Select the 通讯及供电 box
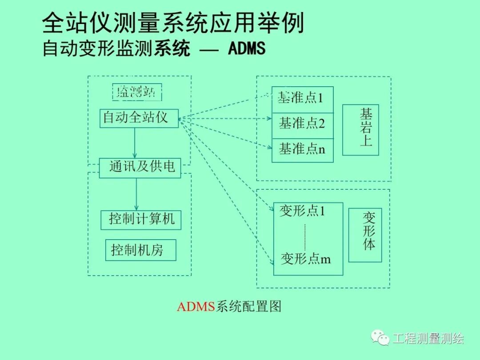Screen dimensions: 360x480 pos(140,168)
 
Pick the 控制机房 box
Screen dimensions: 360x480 pos(140,250)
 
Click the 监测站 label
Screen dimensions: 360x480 pos(136,92)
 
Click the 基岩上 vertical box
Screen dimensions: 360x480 pos(360,130)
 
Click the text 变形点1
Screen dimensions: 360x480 pos(302,211)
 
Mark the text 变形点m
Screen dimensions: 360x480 pos(305,259)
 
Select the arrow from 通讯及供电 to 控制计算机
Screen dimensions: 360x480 pos(136,194)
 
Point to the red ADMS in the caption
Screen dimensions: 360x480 pos(196,307)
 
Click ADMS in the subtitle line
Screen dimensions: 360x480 pos(247,48)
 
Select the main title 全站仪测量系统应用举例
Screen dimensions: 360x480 pos(173,23)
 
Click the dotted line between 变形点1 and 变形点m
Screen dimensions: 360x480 pos(305,236)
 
